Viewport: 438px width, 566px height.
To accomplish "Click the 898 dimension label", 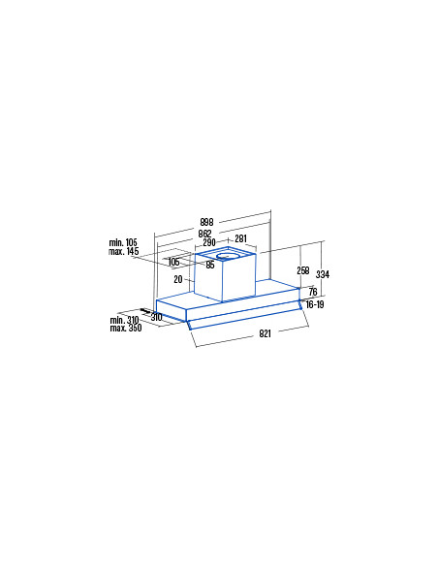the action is point(206,222).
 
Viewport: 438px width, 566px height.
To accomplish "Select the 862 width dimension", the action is point(204,234).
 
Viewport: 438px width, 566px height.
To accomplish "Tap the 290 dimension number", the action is point(209,242).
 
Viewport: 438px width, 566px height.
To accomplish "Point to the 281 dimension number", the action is point(240,238).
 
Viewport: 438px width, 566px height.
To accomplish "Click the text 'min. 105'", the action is point(123,242).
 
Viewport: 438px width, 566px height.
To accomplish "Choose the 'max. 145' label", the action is point(123,251).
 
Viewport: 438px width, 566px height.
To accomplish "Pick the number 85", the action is point(210,265).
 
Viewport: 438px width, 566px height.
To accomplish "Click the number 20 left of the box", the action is point(178,279).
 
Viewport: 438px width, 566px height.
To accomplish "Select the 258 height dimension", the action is point(303,270).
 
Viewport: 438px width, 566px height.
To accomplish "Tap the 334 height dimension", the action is point(323,274).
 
